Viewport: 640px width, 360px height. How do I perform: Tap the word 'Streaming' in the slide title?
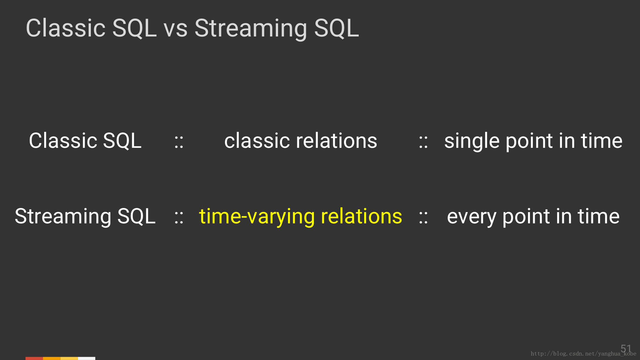click(251, 29)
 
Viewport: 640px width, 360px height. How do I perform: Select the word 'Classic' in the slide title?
click(66, 28)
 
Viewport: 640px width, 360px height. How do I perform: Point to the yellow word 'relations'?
click(361, 216)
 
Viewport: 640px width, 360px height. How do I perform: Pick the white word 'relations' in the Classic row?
click(337, 141)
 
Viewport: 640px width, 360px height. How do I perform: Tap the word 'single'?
click(472, 141)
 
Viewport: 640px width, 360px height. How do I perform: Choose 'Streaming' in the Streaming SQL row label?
click(63, 217)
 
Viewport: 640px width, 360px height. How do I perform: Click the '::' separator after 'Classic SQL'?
click(179, 142)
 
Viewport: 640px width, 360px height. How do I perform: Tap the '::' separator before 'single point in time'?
click(423, 142)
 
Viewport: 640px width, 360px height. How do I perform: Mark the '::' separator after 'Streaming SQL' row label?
click(179, 218)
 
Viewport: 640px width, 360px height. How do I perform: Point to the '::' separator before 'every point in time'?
click(423, 218)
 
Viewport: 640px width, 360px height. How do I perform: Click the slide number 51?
click(626, 348)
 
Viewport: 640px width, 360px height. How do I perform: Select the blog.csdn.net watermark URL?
click(583, 354)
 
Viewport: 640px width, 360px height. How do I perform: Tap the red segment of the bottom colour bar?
click(34, 358)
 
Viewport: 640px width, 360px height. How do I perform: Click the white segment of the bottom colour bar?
click(87, 358)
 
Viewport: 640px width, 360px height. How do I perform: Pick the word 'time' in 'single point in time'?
click(602, 141)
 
